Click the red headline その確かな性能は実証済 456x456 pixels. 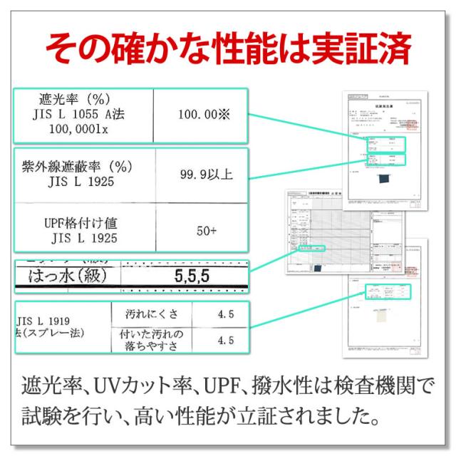(x=228, y=48)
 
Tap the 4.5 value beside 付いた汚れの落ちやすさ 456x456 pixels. (x=226, y=341)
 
